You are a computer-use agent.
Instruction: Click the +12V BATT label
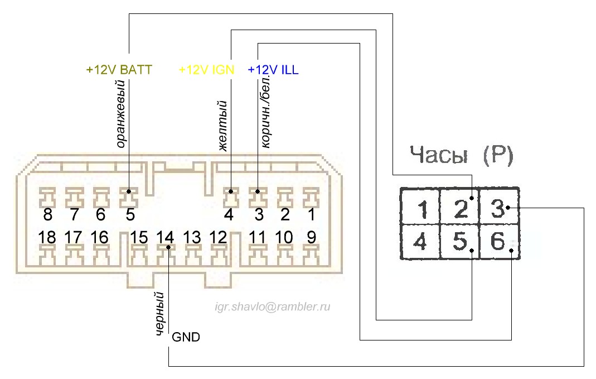pos(119,70)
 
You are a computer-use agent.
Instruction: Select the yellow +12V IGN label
pos(206,70)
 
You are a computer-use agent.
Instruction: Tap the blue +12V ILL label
pos(273,70)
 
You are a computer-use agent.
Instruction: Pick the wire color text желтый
pos(222,126)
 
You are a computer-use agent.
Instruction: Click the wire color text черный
pos(159,314)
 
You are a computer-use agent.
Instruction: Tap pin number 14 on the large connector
pos(166,237)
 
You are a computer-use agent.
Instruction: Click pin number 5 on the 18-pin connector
pos(130,215)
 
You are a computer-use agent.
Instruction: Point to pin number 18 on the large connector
pos(47,237)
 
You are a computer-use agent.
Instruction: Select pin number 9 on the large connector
pos(311,237)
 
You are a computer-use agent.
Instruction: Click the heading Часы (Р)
pos(461,157)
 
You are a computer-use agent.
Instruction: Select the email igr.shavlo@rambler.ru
pos(273,306)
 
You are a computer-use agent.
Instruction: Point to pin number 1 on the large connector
pos(311,215)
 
